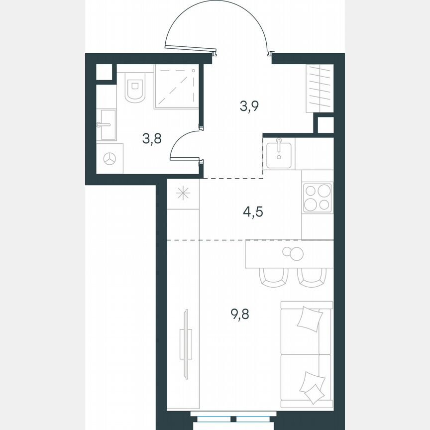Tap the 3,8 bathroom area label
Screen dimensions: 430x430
(x=152, y=139)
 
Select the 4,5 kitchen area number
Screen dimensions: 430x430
(x=252, y=212)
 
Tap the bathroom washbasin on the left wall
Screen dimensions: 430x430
(x=107, y=124)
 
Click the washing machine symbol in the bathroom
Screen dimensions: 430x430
(x=109, y=159)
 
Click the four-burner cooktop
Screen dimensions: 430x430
(x=317, y=198)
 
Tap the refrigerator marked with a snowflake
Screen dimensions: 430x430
(x=183, y=194)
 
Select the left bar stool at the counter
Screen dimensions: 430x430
(x=274, y=277)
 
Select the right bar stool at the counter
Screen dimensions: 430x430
(x=312, y=277)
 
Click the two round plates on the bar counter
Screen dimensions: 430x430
(x=293, y=253)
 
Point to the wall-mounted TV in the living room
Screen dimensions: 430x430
(x=185, y=343)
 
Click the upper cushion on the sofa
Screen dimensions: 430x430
(x=310, y=319)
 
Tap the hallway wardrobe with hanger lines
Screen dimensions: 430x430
(x=319, y=88)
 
